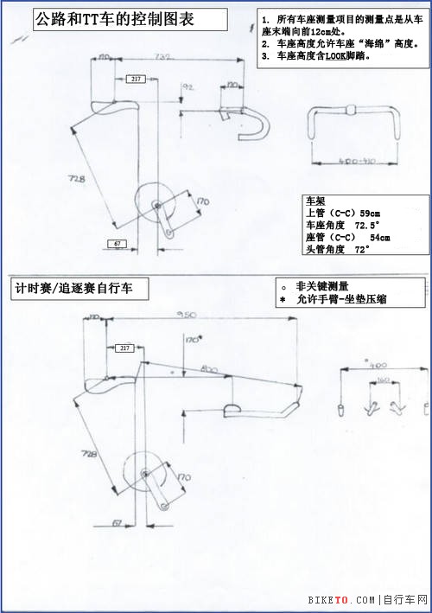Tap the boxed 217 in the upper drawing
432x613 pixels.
(136, 79)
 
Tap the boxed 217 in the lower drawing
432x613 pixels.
(125, 348)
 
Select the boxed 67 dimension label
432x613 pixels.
(118, 245)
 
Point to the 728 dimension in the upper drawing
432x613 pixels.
(77, 180)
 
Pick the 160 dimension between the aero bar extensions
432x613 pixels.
(383, 380)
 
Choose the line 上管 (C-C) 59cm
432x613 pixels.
(344, 214)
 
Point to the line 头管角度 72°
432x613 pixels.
(338, 250)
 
